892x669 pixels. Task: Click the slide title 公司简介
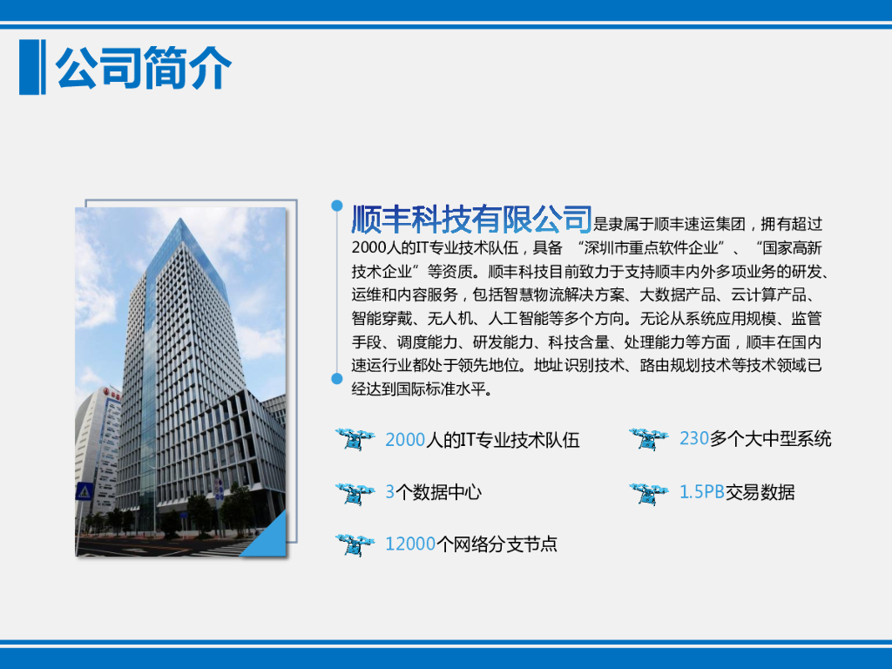click(x=144, y=68)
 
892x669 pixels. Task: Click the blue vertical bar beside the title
click(x=32, y=67)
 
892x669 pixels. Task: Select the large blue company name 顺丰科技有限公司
click(x=471, y=219)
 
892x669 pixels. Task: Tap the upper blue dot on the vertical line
click(x=337, y=206)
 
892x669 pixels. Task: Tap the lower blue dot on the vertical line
click(x=337, y=378)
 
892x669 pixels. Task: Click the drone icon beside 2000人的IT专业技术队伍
click(x=355, y=439)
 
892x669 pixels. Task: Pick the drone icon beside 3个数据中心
click(x=355, y=493)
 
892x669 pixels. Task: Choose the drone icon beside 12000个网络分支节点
click(x=355, y=545)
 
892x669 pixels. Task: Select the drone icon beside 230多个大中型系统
click(x=649, y=439)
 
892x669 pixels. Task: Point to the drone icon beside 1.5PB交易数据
click(x=649, y=493)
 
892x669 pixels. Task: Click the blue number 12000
click(x=410, y=544)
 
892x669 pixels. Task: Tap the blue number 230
click(x=694, y=439)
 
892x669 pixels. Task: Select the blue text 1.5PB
click(x=702, y=492)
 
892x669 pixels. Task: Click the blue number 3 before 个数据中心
click(x=390, y=492)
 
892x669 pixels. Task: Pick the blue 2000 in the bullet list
click(x=406, y=440)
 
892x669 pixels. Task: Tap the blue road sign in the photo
click(x=84, y=491)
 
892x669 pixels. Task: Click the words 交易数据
click(x=760, y=492)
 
